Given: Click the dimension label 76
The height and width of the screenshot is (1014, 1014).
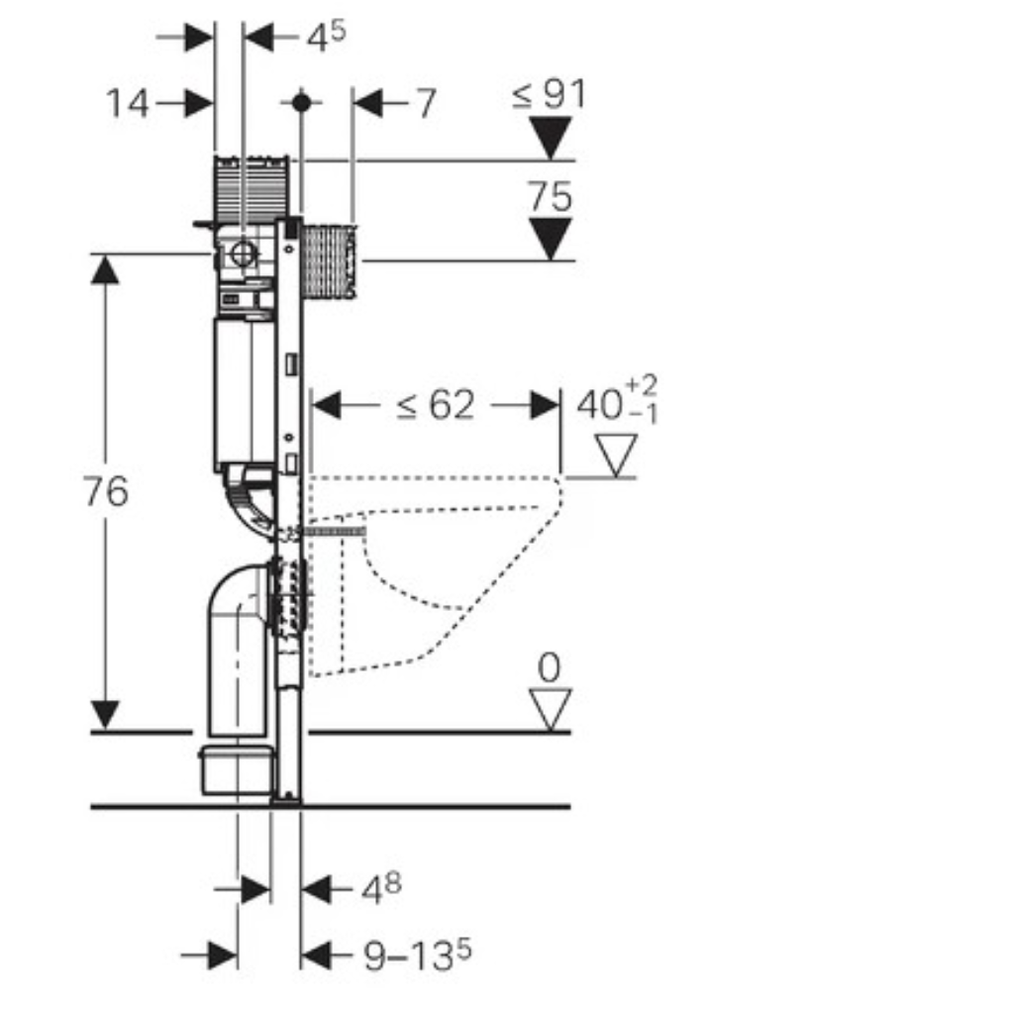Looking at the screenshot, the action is pyautogui.click(x=106, y=491).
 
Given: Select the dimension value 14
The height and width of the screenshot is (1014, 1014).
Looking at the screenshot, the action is pyautogui.click(x=128, y=103).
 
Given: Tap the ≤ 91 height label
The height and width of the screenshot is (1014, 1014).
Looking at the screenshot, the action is pyautogui.click(x=549, y=94).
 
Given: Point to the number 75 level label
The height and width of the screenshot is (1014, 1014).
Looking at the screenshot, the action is pyautogui.click(x=550, y=196).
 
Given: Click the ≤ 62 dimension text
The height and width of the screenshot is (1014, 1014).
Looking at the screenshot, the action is pyautogui.click(x=436, y=405).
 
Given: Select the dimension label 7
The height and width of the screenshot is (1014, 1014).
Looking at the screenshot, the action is pyautogui.click(x=426, y=103).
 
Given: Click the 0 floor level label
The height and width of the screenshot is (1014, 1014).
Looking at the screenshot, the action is pyautogui.click(x=549, y=667).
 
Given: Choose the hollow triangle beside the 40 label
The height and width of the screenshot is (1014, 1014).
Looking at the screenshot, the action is pyautogui.click(x=616, y=456).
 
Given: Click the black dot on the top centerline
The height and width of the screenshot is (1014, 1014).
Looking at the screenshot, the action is pyautogui.click(x=301, y=102).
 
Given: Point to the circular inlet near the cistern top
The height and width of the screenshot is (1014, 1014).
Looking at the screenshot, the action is pyautogui.click(x=243, y=254).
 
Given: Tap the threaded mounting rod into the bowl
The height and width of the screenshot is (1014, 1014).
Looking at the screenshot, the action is pyautogui.click(x=335, y=532).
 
